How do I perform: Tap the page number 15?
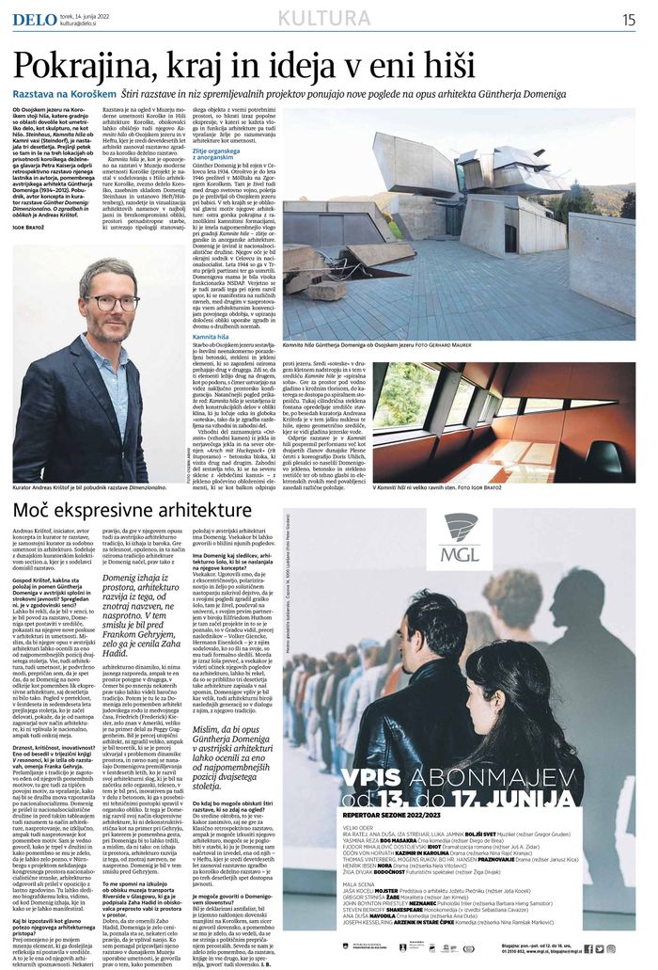tap(628, 19)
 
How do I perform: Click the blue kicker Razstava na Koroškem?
tap(65, 95)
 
